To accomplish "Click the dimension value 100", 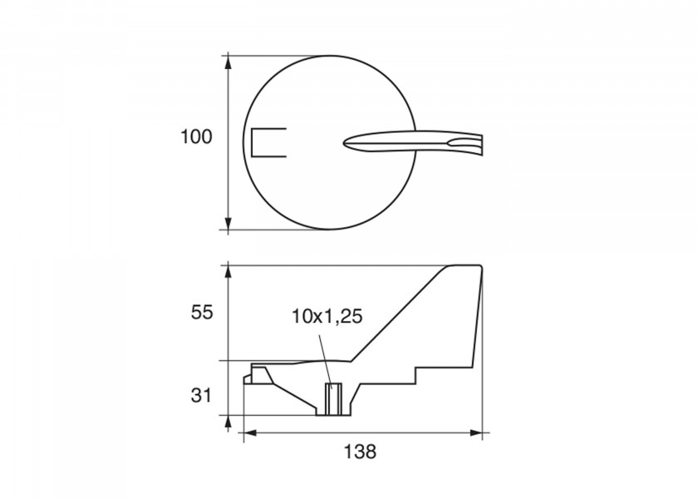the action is (196, 136).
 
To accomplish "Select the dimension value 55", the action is (202, 313).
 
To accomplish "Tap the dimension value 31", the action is (201, 395).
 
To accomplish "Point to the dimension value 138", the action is (360, 452).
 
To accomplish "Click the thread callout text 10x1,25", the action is (327, 316).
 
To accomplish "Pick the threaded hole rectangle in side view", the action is (333, 398).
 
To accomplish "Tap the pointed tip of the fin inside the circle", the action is (344, 143).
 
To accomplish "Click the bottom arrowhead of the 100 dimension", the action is (229, 224).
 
